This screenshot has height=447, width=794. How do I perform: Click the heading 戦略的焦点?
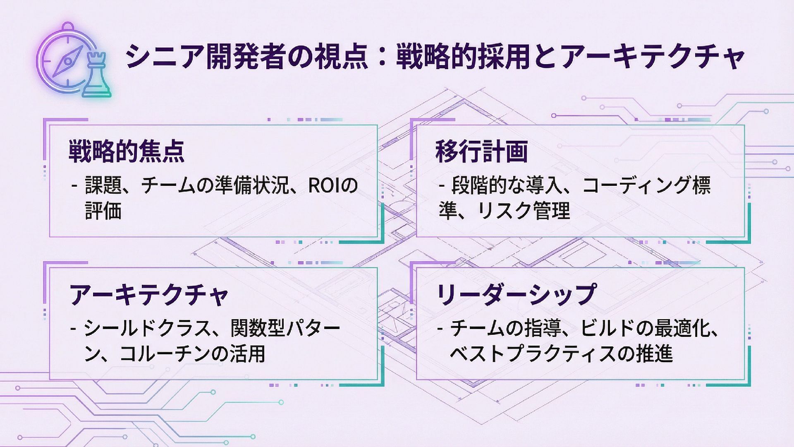[127, 151]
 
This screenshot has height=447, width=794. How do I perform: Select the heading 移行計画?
[482, 151]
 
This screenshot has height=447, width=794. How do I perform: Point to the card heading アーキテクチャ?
[149, 295]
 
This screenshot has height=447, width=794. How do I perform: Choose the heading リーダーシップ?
[516, 295]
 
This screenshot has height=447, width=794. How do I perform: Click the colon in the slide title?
[382, 57]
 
